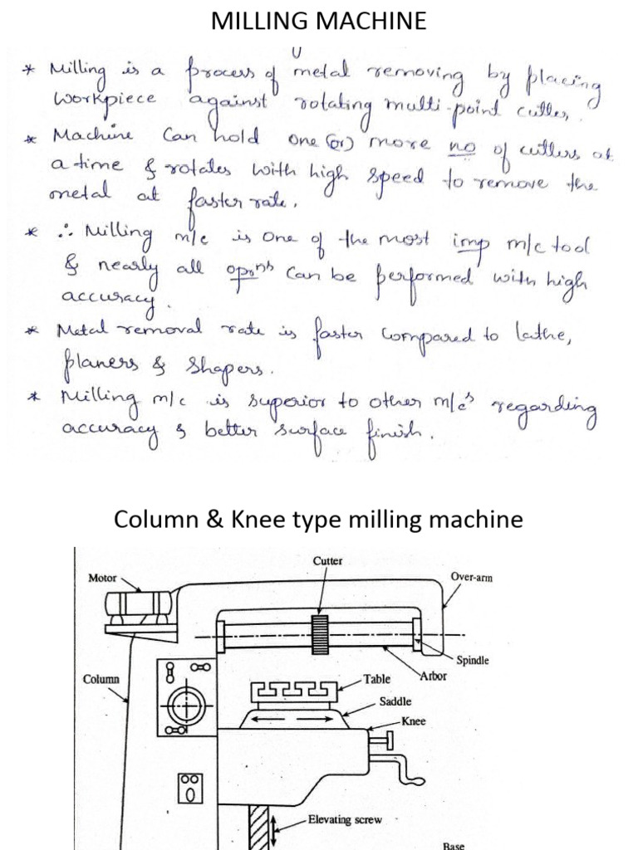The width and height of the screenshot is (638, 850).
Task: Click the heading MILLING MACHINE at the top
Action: pos(319,22)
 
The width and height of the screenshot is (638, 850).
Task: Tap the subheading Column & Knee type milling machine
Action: pos(319,520)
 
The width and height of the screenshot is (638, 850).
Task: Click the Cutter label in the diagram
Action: pos(327,561)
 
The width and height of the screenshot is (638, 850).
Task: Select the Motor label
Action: pos(102,578)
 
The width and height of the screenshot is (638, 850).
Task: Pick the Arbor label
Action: pos(433,676)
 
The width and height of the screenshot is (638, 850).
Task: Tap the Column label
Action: pos(101,679)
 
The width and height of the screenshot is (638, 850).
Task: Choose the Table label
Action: pos(376,679)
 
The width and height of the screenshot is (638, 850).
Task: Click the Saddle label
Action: pos(395,701)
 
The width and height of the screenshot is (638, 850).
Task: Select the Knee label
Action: pos(413,721)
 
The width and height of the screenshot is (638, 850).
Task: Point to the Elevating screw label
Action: pos(345,819)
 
